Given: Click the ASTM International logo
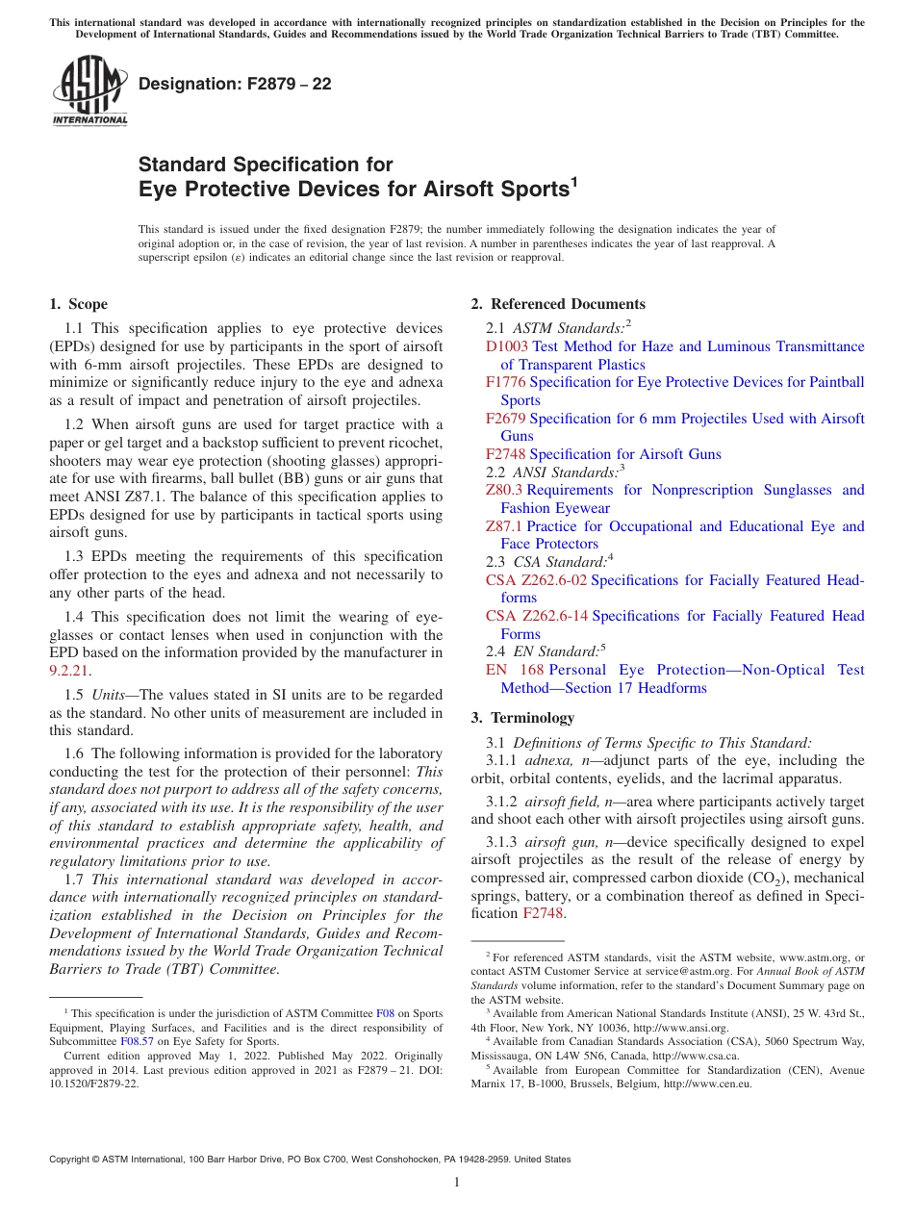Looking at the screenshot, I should tap(89, 91).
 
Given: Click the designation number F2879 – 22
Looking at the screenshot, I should tap(235, 85).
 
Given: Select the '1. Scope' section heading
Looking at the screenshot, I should tap(79, 304).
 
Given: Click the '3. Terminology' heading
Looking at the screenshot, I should tap(522, 718).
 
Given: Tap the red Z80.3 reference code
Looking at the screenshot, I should tap(504, 490).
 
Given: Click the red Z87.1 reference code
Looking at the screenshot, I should tap(504, 526).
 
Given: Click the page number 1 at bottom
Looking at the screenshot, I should tap(457, 1183).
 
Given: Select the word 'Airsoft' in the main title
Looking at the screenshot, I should tap(426, 190).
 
